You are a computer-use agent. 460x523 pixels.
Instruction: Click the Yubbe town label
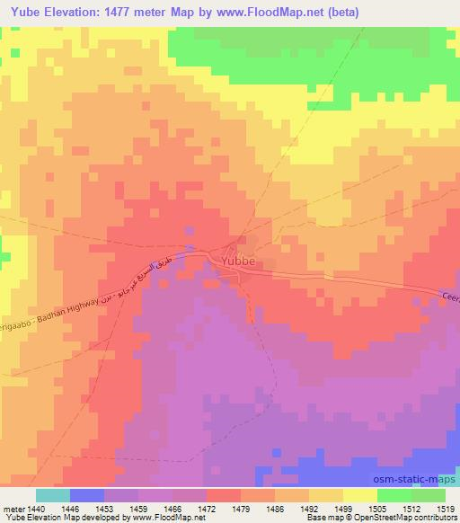click(x=238, y=261)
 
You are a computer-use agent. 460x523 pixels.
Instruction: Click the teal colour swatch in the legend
click(x=53, y=494)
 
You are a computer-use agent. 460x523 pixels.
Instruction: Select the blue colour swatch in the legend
click(x=87, y=494)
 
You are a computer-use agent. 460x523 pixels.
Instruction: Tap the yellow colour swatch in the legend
click(x=360, y=494)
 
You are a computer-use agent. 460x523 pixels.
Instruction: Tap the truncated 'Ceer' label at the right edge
click(x=450, y=297)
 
